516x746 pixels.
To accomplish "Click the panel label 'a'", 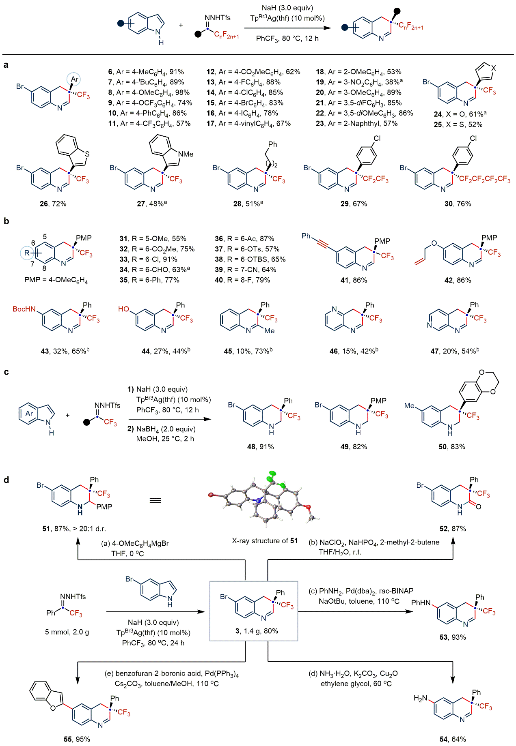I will click(x=6, y=65).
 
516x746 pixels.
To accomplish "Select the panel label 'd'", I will click(x=6, y=480).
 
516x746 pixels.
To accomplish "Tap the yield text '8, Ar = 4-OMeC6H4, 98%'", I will click(x=149, y=92).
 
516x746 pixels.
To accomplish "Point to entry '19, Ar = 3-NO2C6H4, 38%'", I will click(x=359, y=82).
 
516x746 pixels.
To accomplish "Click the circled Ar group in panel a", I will click(x=75, y=79).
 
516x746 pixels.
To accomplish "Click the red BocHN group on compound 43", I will click(x=24, y=309).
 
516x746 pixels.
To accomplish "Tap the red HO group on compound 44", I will click(x=123, y=309).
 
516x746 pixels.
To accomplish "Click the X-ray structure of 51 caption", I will click(x=265, y=540).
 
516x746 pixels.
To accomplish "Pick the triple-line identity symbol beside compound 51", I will click(x=155, y=501).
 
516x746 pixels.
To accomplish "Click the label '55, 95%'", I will click(x=77, y=739).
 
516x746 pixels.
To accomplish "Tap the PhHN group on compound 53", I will click(x=421, y=603).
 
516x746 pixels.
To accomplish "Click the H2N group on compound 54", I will click(x=421, y=698).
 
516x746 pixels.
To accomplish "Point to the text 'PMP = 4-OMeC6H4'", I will click(x=56, y=280).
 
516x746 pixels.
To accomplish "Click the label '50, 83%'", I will click(x=451, y=446).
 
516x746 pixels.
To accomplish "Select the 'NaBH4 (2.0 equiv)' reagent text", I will click(x=166, y=429).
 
